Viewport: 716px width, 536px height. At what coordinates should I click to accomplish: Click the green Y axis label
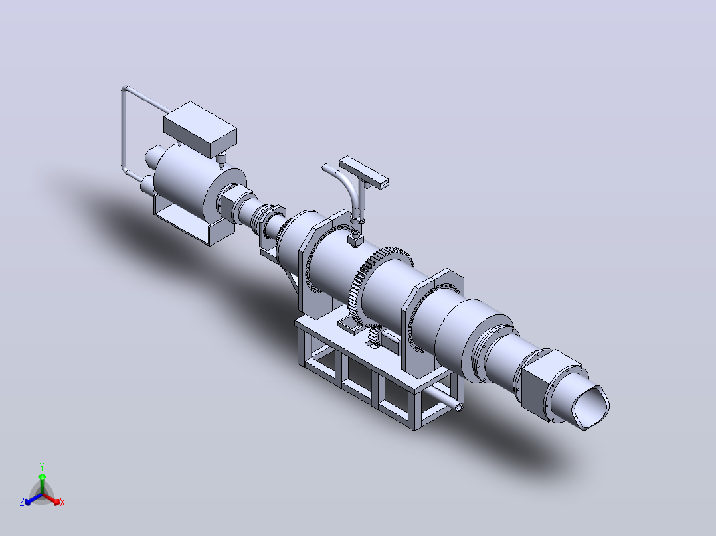[42, 466]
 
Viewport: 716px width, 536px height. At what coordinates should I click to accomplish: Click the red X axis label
[62, 502]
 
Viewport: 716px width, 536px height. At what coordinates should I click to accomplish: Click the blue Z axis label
[22, 502]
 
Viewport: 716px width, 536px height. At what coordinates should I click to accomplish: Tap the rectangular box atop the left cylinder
[200, 129]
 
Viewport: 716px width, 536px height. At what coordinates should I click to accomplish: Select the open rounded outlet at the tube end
[591, 407]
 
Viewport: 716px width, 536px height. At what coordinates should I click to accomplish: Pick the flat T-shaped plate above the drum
[363, 172]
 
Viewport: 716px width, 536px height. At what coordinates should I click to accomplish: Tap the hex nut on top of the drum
[355, 239]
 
